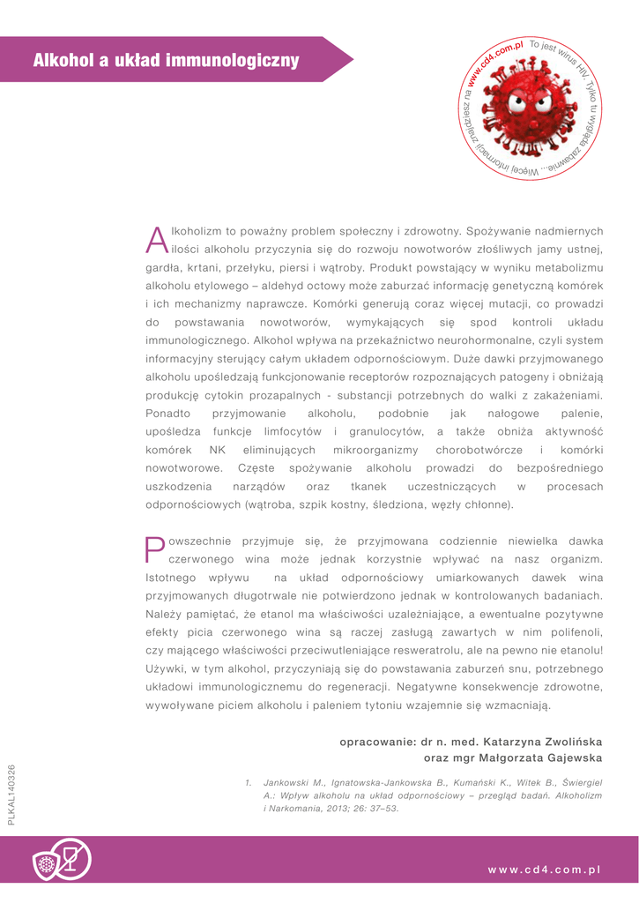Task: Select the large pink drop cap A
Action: tap(155, 239)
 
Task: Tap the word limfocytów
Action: tap(291, 431)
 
